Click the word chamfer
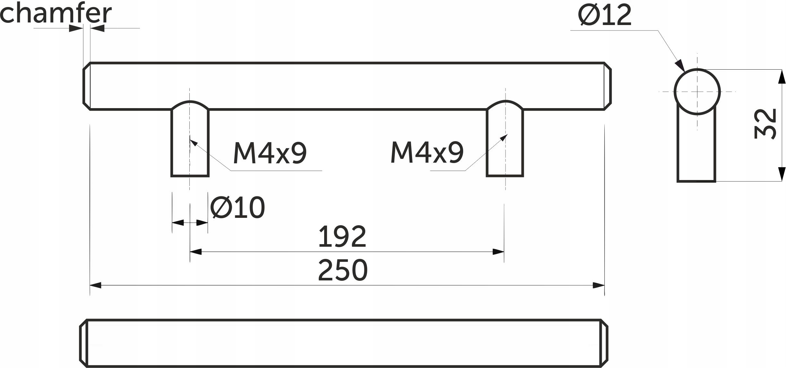(x=56, y=13)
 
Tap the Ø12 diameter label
(x=605, y=16)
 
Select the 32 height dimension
(x=765, y=124)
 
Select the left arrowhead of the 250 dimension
(x=96, y=285)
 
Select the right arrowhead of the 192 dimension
(x=498, y=252)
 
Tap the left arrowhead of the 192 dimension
(x=196, y=252)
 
